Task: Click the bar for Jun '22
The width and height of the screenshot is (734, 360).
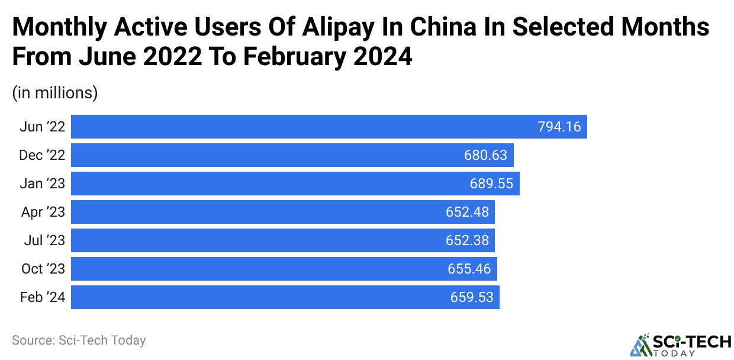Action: click(296, 127)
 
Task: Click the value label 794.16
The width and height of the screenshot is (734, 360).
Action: click(559, 127)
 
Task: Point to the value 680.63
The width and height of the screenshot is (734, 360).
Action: click(486, 155)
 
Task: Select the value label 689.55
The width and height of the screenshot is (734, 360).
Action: click(491, 184)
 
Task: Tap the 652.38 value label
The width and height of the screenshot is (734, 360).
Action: click(468, 240)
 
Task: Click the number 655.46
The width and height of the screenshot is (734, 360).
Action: click(469, 269)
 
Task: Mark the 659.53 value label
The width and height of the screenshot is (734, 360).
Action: click(471, 297)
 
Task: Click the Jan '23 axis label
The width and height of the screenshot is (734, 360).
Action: click(43, 184)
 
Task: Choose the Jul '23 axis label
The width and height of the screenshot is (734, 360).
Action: click(44, 240)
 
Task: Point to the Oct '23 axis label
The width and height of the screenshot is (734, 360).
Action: click(43, 269)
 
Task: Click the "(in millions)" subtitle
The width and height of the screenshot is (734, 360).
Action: click(55, 93)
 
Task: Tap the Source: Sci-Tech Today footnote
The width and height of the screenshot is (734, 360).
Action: click(79, 340)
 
